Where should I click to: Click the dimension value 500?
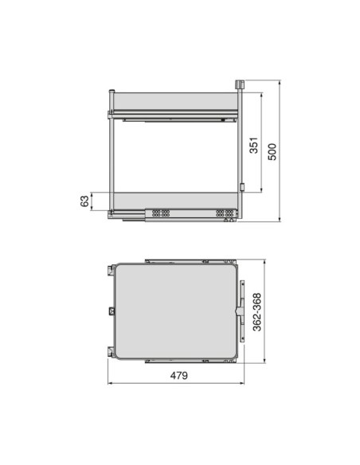coord(272,151)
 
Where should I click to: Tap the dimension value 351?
coord(253,145)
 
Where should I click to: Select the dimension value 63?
coord(84,201)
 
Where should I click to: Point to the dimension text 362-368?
coord(256,312)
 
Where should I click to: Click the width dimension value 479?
coord(179,376)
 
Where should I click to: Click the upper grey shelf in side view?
coord(175,101)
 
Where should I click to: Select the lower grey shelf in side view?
coord(175,201)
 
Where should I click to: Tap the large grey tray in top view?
coord(176,311)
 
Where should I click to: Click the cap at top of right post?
coord(239,84)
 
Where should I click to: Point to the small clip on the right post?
coord(242,187)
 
